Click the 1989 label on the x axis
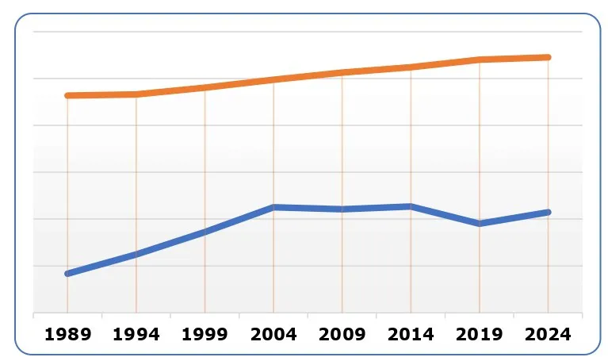pos(67,335)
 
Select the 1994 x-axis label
pos(136,335)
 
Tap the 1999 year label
pos(205,335)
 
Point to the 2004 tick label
pos(273,335)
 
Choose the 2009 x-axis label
pos(342,335)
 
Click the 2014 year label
pos(411,335)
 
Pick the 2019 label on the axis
pos(480,335)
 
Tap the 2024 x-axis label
pos(549,335)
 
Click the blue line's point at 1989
pos(67,274)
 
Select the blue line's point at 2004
pos(273,207)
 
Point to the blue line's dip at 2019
pos(480,224)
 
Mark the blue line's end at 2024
pos(549,212)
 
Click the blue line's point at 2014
pos(411,206)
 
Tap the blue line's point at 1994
pos(136,254)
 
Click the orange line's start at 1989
pos(67,95)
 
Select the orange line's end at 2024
pos(549,57)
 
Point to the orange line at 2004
pos(273,79)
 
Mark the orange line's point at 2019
pos(480,60)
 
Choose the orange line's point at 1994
pos(136,94)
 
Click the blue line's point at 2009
pos(342,209)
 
